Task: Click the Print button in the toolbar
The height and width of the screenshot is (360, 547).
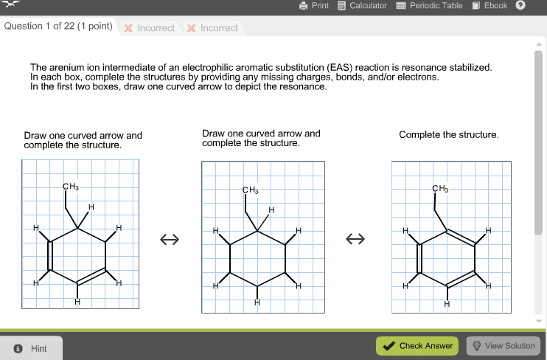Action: pos(314,6)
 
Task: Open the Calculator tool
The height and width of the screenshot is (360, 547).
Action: pos(362,6)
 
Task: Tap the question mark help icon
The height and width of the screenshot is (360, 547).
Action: pos(520,6)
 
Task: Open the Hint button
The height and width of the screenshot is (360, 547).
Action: pos(32,348)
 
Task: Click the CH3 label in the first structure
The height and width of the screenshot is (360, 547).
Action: pos(71,186)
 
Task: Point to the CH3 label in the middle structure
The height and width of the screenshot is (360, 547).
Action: pos(251,190)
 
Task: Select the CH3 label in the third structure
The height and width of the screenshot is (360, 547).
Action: pos(440,190)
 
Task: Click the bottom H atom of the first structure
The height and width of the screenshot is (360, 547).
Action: pos(77,301)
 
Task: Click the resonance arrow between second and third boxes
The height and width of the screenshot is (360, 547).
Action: pos(357,240)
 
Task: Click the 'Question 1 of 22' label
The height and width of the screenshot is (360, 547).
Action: pos(58,27)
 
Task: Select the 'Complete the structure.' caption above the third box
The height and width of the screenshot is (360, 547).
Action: pos(449,134)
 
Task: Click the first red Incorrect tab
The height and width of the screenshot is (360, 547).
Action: pos(150,28)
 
